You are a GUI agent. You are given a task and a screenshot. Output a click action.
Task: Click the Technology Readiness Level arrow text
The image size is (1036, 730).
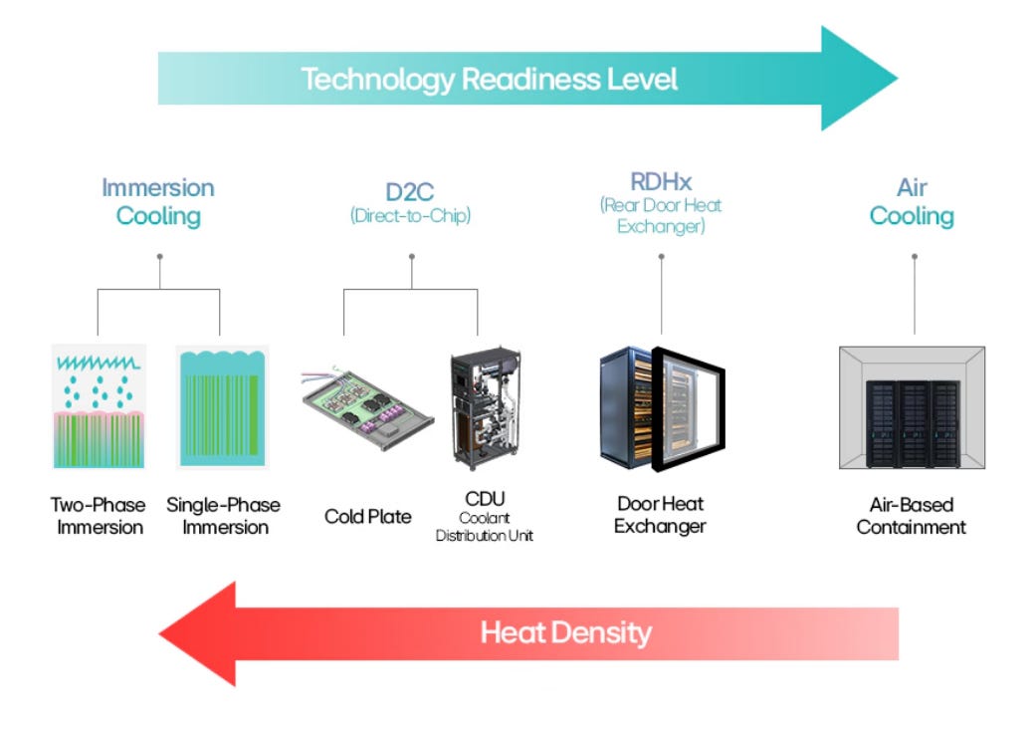(x=490, y=80)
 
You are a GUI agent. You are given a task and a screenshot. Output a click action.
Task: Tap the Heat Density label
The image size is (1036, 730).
(x=565, y=632)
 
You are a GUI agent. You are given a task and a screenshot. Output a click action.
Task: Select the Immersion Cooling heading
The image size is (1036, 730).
(x=158, y=202)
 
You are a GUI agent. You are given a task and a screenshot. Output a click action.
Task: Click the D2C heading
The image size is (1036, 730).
(x=410, y=192)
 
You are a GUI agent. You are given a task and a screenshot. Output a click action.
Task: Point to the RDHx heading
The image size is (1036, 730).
(x=661, y=181)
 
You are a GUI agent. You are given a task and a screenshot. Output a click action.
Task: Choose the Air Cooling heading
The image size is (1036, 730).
(x=912, y=202)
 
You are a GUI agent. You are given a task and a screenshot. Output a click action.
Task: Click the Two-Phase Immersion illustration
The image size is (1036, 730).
(x=99, y=406)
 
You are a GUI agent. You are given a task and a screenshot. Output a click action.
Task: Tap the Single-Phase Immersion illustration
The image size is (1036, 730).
(x=223, y=406)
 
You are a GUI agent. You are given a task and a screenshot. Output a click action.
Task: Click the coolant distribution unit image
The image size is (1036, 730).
(x=486, y=408)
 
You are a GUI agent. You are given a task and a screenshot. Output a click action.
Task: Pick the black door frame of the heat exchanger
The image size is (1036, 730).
(x=688, y=409)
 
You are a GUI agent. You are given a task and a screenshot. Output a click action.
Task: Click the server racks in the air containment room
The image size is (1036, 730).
(x=913, y=424)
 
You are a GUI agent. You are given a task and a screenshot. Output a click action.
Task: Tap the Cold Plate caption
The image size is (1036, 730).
(x=368, y=517)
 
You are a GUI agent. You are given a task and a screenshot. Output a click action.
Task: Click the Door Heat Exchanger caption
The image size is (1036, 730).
(x=660, y=515)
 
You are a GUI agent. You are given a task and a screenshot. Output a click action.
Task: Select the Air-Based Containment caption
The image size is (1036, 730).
(x=912, y=516)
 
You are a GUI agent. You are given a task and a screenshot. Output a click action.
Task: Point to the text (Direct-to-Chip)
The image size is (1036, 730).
(x=410, y=215)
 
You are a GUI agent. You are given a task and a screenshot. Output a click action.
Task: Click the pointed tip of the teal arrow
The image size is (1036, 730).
(x=898, y=78)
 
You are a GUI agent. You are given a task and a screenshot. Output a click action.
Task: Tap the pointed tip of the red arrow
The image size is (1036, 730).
(x=160, y=634)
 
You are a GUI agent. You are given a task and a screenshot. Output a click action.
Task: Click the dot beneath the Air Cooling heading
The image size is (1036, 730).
(x=915, y=257)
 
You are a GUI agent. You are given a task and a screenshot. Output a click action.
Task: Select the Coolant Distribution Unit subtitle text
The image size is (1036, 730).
(x=485, y=527)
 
